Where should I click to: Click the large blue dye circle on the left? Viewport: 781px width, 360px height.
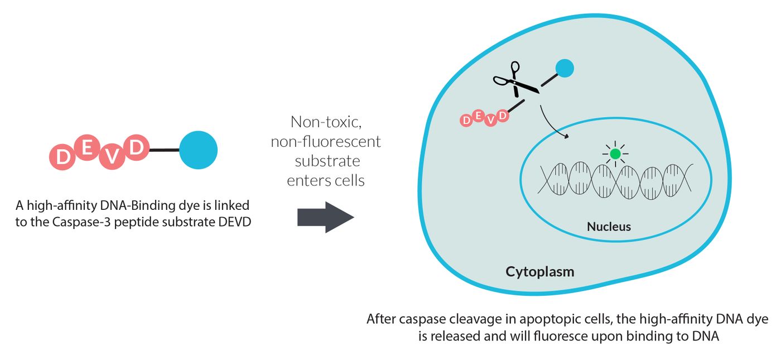coord(199,150)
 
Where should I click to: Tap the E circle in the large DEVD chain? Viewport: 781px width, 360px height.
coord(87,147)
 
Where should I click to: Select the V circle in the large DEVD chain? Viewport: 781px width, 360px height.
coord(112,157)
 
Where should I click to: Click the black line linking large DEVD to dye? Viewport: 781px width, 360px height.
coord(164,150)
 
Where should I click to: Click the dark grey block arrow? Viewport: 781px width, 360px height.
coord(326,217)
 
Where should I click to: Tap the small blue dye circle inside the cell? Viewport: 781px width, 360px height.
coord(565,68)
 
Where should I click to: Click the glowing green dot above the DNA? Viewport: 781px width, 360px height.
coord(615,153)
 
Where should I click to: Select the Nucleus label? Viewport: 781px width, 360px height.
coord(609,227)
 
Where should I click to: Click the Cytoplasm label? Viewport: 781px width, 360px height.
coord(540,272)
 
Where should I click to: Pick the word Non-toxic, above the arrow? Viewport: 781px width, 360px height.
coord(326,122)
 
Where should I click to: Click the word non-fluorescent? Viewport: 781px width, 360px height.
coord(326,142)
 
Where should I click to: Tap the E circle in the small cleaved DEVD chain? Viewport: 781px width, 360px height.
coord(478,116)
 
